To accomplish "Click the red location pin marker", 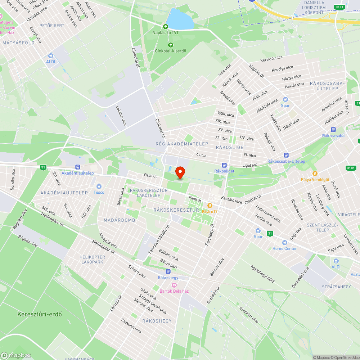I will pyautogui.click(x=180, y=173).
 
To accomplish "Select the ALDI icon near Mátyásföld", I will pyautogui.click(x=51, y=56).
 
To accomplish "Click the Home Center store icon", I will pyautogui.click(x=284, y=243).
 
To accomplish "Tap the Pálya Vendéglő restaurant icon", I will pyautogui.click(x=315, y=173).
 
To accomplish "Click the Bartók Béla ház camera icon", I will pyautogui.click(x=174, y=285).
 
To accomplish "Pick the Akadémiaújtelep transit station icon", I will pyautogui.click(x=77, y=167).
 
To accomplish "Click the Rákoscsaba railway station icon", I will pyautogui.click(x=333, y=130).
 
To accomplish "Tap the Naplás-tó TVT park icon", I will pyautogui.click(x=165, y=26).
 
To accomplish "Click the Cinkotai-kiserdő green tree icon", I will pyautogui.click(x=170, y=45).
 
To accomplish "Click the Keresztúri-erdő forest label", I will pyautogui.click(x=40, y=314).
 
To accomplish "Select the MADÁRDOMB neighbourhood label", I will pyautogui.click(x=119, y=220).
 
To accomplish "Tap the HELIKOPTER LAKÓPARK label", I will pyautogui.click(x=92, y=259).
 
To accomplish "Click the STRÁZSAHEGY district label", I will pyautogui.click(x=336, y=287).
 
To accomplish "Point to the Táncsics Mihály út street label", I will pyautogui.click(x=159, y=239).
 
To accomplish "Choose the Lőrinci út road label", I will pyautogui.click(x=116, y=303).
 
